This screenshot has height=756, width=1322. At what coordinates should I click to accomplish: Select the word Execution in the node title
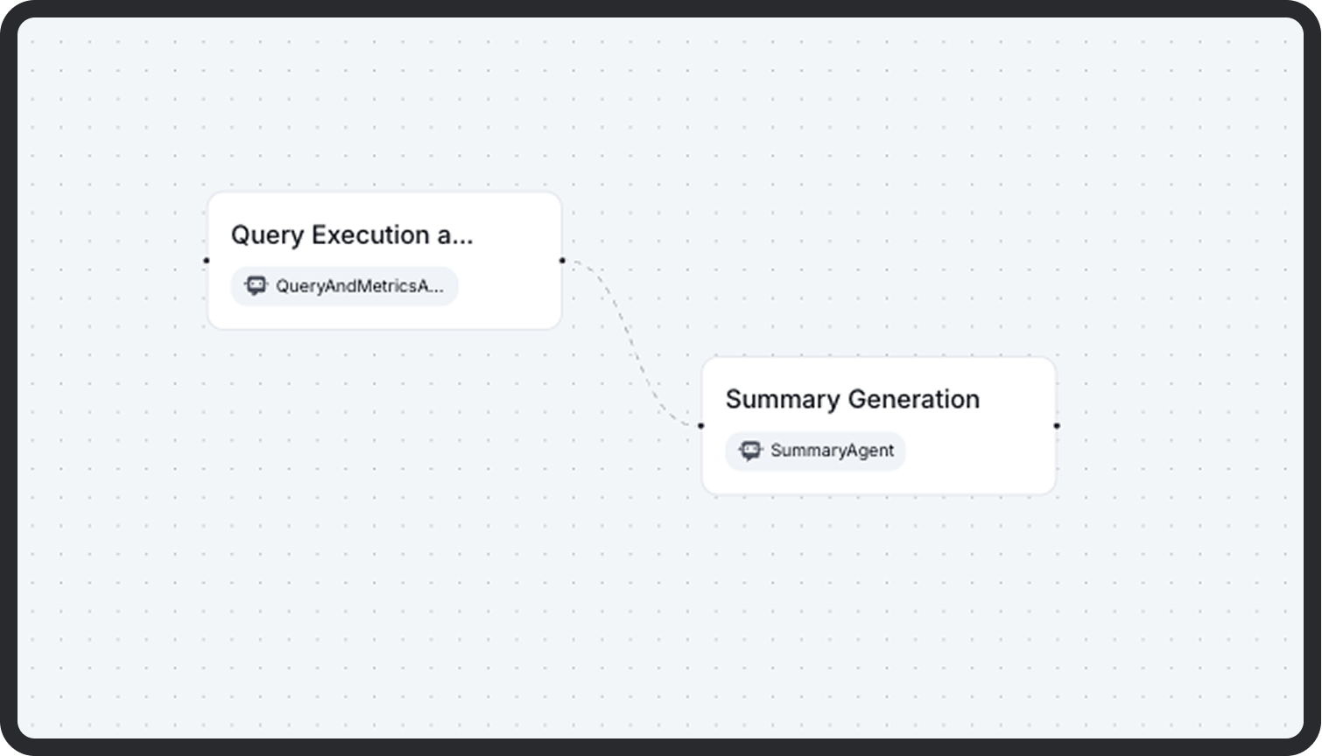(x=370, y=235)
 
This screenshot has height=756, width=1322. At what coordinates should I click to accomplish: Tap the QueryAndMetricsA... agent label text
(x=359, y=286)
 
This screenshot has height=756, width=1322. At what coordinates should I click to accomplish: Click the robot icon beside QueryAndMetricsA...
(x=256, y=285)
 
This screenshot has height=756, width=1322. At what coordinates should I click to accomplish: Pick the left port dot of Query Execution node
(x=207, y=260)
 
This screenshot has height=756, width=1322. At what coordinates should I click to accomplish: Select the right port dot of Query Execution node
(x=562, y=260)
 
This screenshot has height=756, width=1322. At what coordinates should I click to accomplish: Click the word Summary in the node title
(x=770, y=400)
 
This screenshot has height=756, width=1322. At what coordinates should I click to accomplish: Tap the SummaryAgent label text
(x=832, y=451)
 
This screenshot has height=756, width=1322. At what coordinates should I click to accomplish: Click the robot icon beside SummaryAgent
(x=750, y=451)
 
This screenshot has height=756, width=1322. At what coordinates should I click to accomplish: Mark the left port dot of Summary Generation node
(x=700, y=425)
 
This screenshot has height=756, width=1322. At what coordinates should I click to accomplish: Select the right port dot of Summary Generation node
(x=1057, y=425)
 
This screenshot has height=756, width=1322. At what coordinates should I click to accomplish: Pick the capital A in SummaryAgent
(x=846, y=451)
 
